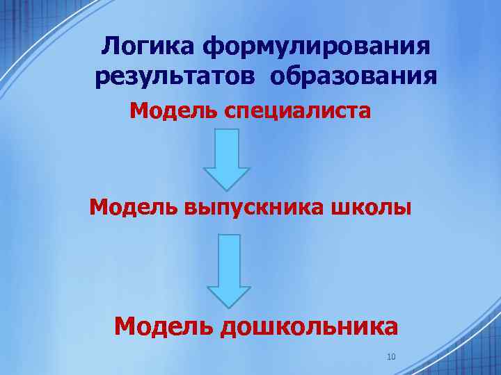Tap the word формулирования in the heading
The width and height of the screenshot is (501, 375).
(317, 48)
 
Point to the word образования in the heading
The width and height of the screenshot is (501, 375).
(354, 76)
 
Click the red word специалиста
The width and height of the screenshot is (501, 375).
(297, 112)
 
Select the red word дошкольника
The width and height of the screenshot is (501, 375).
(309, 326)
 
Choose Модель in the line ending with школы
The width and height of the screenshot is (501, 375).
(134, 207)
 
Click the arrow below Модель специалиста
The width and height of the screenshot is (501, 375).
(226, 159)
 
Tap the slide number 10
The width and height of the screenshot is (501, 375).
(390, 357)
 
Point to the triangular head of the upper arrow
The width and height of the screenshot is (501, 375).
(226, 178)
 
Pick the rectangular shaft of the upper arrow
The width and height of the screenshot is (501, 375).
(226, 148)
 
